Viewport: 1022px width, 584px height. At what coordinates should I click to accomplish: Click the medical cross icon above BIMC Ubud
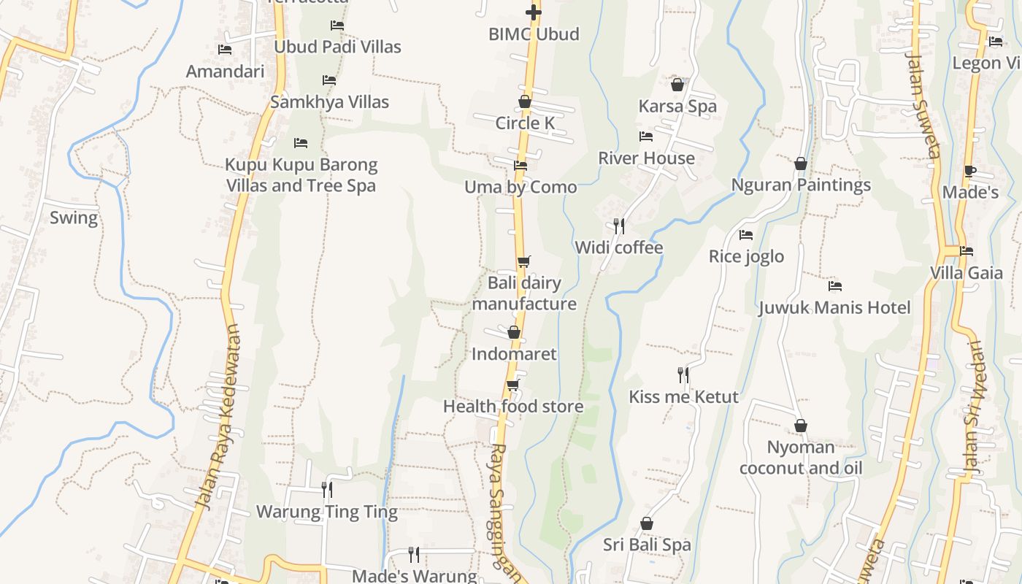click(x=534, y=12)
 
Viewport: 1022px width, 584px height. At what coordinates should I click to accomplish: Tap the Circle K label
click(x=525, y=123)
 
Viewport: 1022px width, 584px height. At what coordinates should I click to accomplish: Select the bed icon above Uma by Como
click(x=520, y=166)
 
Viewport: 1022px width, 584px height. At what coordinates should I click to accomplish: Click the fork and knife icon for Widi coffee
click(x=619, y=226)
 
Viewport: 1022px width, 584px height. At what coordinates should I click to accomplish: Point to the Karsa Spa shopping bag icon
click(x=677, y=85)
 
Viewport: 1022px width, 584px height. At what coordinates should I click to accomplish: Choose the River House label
click(x=646, y=158)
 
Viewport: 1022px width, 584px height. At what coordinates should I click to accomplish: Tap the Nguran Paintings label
click(x=801, y=185)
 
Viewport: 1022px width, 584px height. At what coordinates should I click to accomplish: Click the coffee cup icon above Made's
click(x=969, y=172)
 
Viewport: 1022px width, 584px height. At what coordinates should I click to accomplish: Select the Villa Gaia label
click(x=966, y=273)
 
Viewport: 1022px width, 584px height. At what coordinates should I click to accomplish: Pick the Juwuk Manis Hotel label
click(x=834, y=307)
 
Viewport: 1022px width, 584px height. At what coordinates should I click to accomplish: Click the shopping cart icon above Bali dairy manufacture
click(x=523, y=261)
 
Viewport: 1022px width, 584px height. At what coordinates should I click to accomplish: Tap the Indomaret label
click(x=514, y=354)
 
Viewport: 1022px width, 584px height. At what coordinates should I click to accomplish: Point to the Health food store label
click(x=513, y=407)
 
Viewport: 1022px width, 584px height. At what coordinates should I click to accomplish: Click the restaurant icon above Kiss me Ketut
click(x=683, y=375)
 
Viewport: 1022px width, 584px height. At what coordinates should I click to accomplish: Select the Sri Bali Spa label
click(x=647, y=545)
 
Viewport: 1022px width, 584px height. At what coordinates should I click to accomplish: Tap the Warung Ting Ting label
click(x=326, y=512)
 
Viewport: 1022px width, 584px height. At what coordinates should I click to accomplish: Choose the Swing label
click(x=73, y=218)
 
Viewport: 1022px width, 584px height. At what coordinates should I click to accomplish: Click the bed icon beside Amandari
click(x=225, y=50)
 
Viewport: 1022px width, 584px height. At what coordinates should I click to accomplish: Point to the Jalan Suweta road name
click(x=923, y=102)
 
